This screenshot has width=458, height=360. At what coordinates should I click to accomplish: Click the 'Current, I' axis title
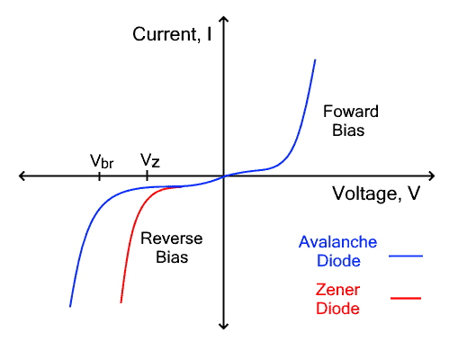[x=172, y=35]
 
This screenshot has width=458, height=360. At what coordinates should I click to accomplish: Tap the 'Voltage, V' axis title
[x=375, y=193]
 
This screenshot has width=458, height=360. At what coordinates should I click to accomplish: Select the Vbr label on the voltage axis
[x=102, y=161]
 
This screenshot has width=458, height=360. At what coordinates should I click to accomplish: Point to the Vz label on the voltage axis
[x=150, y=161]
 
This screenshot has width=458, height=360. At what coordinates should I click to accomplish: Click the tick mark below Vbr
[x=99, y=176]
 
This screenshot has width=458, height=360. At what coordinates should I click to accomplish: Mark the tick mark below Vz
[x=147, y=176]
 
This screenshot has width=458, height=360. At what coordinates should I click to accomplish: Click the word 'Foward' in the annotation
[x=351, y=112]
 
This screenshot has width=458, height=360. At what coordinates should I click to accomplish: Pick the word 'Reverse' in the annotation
[x=171, y=238]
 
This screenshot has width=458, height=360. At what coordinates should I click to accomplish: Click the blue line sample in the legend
[x=406, y=256]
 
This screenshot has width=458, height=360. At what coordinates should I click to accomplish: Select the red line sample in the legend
[x=406, y=298]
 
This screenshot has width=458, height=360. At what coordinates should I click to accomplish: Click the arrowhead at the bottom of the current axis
[x=224, y=325]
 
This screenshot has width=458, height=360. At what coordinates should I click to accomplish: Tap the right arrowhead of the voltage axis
[x=432, y=176]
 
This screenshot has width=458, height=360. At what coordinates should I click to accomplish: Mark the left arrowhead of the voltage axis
[x=22, y=176]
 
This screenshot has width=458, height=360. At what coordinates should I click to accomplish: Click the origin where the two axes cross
[x=224, y=176]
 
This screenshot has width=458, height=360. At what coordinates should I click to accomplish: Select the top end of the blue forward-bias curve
[x=315, y=60]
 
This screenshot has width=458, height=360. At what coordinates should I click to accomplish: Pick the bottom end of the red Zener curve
[x=121, y=302]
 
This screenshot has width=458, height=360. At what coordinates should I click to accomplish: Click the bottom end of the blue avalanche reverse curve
[x=70, y=306]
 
